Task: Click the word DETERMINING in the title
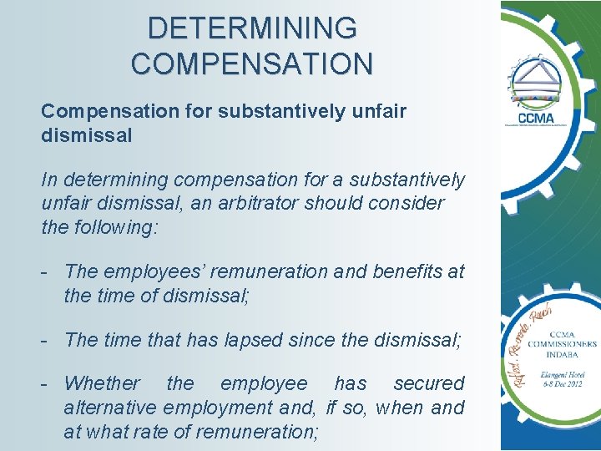(252, 28)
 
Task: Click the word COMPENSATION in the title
(252, 63)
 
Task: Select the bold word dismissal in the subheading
(87, 135)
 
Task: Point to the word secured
(428, 383)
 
